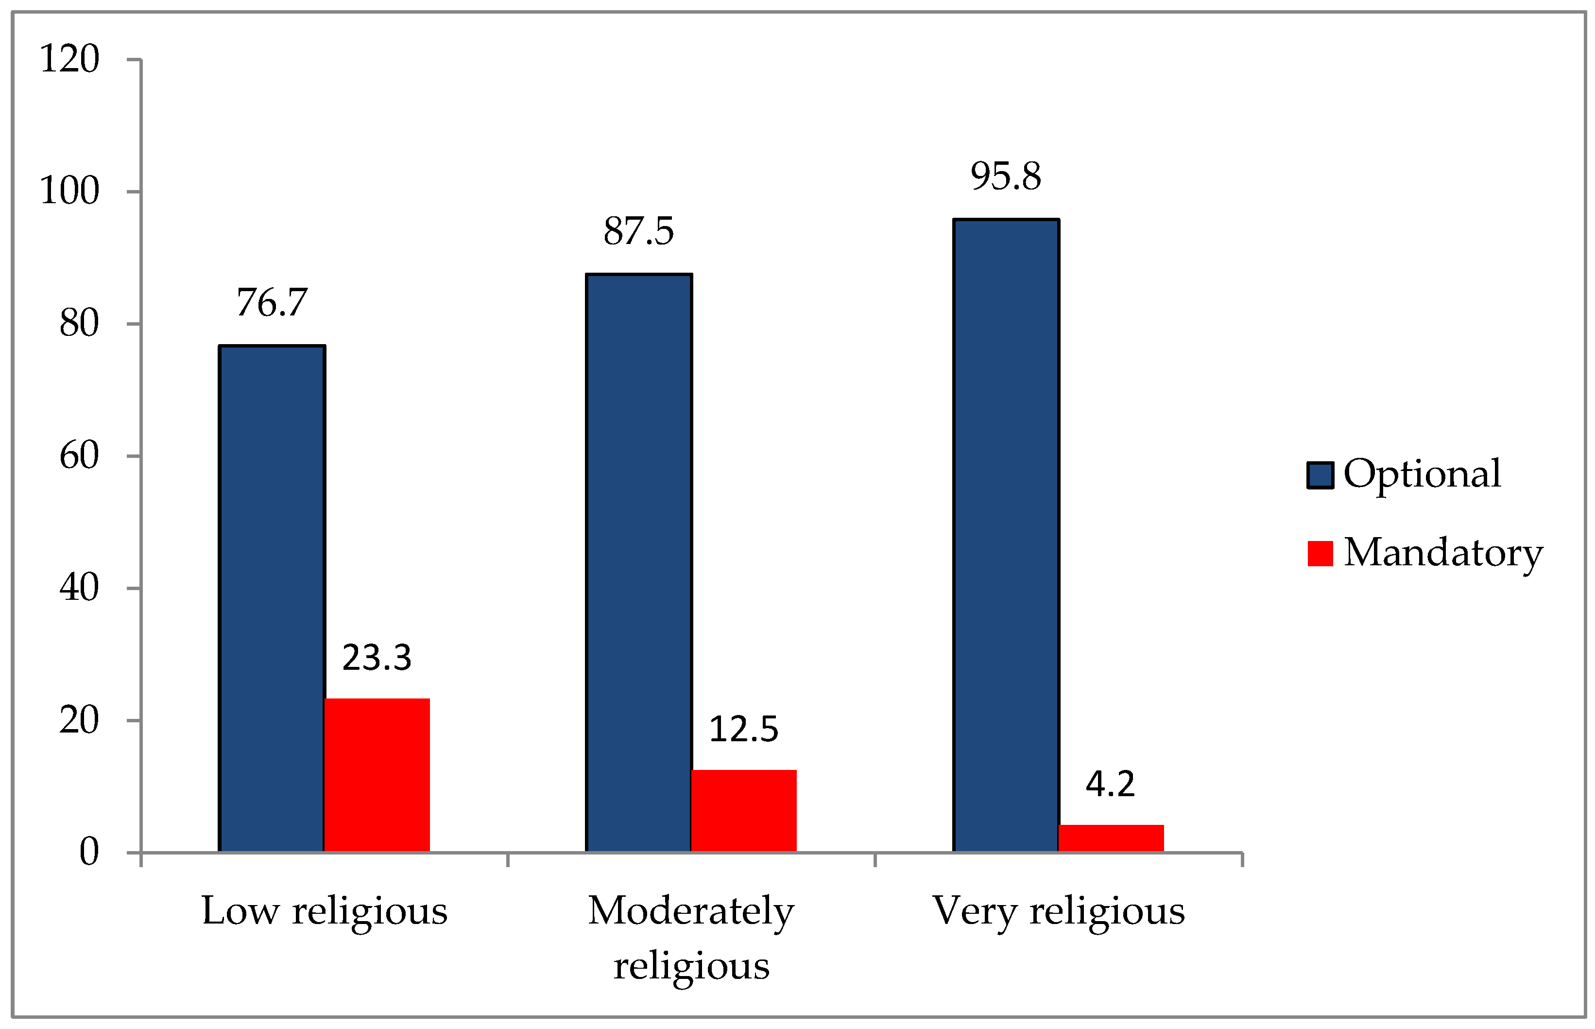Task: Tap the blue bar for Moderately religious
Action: (638, 562)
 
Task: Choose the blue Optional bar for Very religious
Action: (1006, 535)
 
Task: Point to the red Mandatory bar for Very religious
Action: (1111, 838)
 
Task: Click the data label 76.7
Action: (272, 303)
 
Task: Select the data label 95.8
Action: (1006, 176)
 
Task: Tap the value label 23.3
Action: (377, 658)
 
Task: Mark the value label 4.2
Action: (1110, 784)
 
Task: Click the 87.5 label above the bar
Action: (638, 231)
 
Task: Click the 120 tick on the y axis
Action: (69, 59)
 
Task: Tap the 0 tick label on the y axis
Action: (89, 852)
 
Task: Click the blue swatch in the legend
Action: (1320, 475)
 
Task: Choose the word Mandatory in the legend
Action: (1443, 553)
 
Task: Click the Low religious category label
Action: (325, 911)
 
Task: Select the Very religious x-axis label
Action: (1059, 911)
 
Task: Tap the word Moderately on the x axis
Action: (691, 911)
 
